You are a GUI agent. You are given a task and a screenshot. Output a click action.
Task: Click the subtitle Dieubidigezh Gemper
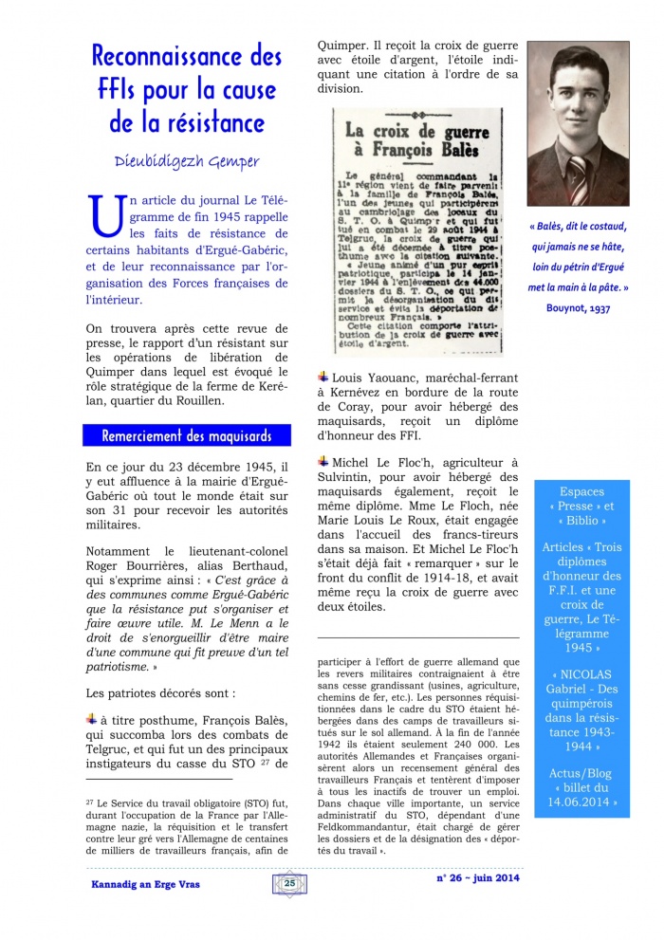pos(188,161)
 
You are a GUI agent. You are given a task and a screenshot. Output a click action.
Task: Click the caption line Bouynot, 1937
pos(578,307)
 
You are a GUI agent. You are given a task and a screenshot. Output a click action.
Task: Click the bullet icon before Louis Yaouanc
pos(323,377)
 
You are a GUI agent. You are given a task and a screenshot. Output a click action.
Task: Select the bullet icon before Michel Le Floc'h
pos(323,460)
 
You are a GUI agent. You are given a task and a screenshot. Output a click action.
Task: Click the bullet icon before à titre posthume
pos(92,718)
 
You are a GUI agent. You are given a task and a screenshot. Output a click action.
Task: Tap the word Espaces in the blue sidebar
pos(582,491)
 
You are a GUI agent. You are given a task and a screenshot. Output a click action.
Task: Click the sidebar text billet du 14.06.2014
pos(582,796)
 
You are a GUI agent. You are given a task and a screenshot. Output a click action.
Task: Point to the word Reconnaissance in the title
pos(187,56)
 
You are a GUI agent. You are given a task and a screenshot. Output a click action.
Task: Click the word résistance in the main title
pos(212,121)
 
